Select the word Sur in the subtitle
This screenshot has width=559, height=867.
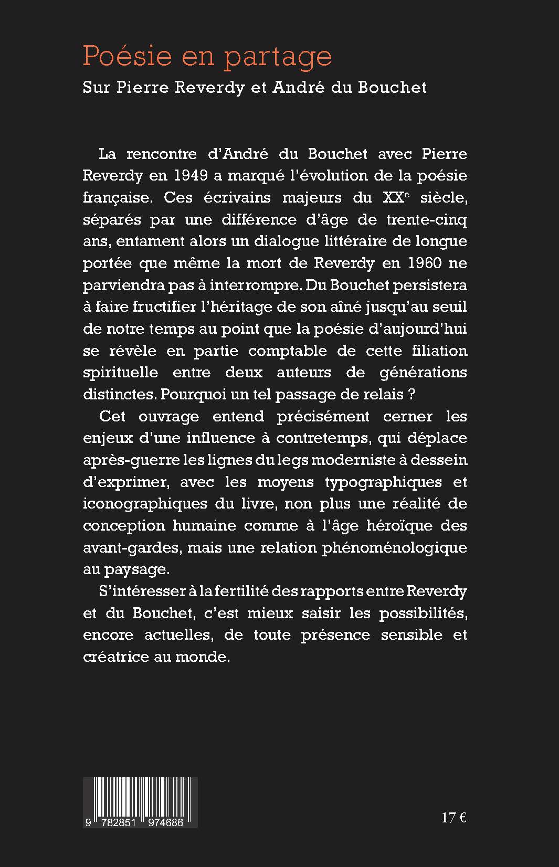(96, 87)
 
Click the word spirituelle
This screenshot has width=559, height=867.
(120, 372)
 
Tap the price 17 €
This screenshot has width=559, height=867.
(454, 818)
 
